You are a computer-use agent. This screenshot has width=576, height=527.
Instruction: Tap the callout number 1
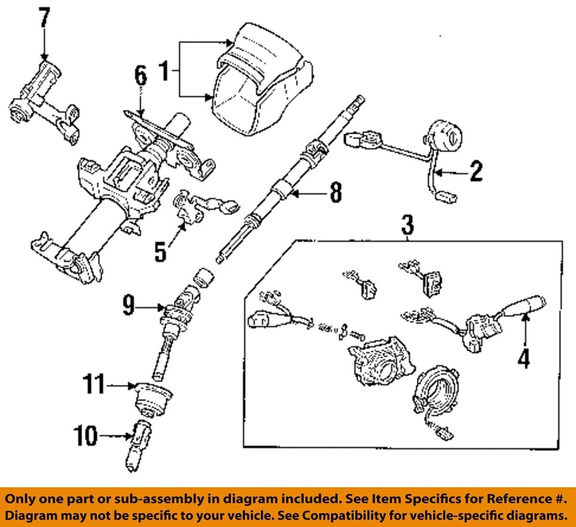(163, 72)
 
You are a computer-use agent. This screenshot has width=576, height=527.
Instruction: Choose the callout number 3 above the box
(407, 226)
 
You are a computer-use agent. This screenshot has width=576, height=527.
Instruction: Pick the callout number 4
(524, 358)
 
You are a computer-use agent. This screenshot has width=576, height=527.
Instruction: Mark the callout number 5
(160, 251)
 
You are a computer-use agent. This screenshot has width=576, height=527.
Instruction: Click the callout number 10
(86, 436)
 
